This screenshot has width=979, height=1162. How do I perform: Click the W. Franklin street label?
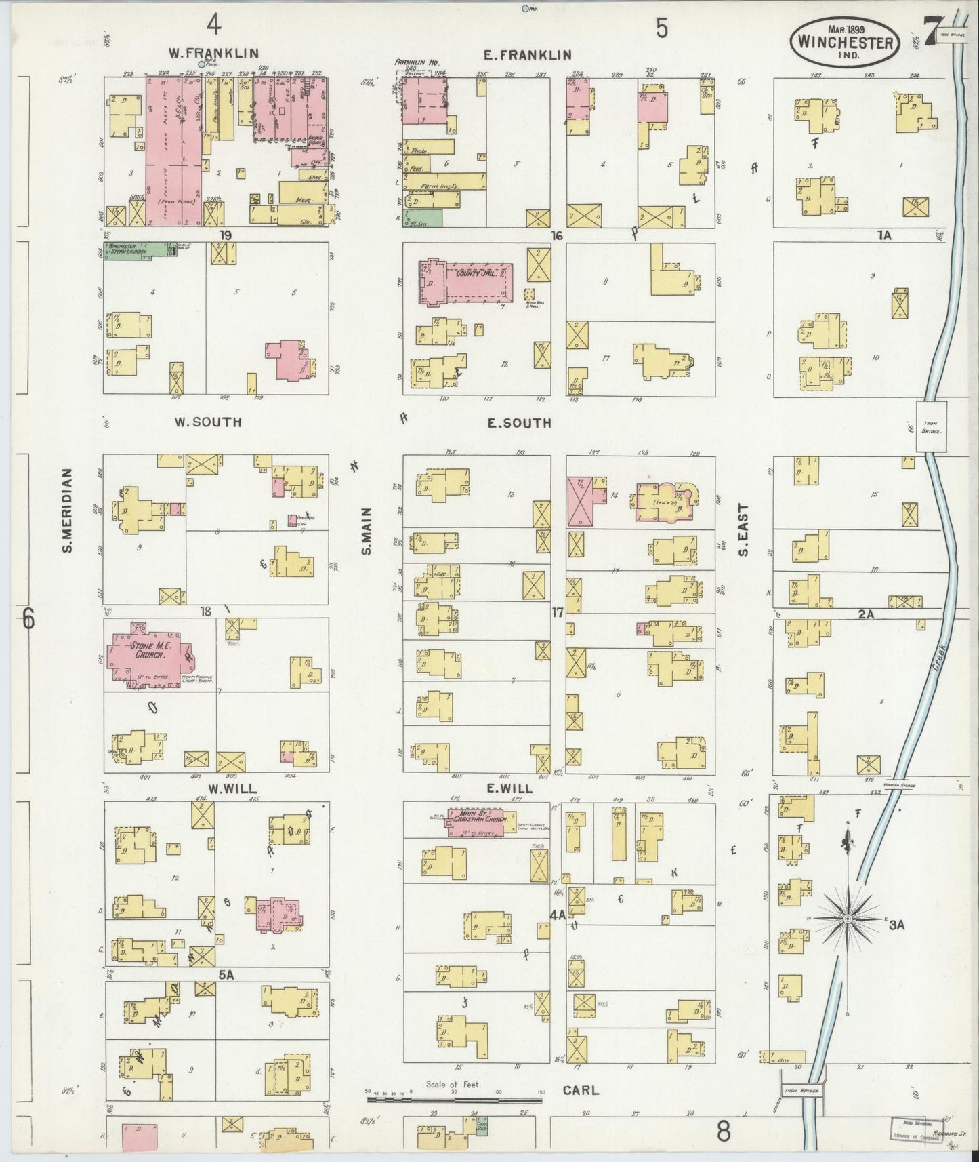click(204, 54)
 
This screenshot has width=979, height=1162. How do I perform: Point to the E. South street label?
click(520, 423)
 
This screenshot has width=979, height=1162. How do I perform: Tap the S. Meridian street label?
click(68, 509)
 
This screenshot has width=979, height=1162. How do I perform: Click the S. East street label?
click(743, 529)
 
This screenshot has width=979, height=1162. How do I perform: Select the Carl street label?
click(581, 1090)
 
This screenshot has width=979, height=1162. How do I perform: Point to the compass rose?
click(848, 918)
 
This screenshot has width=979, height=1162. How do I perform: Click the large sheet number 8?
click(724, 1131)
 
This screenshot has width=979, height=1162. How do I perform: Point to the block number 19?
click(226, 235)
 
